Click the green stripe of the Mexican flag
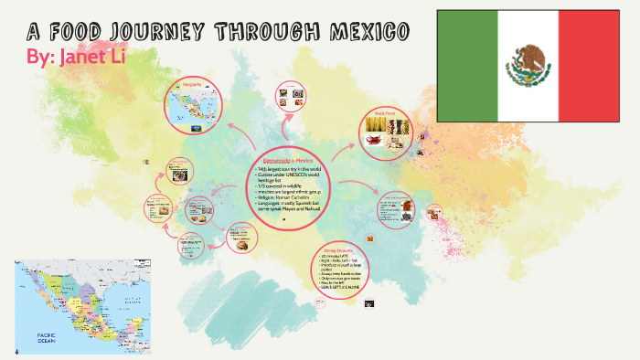point(467,66)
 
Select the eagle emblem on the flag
point(528,65)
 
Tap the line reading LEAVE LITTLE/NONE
point(339,288)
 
